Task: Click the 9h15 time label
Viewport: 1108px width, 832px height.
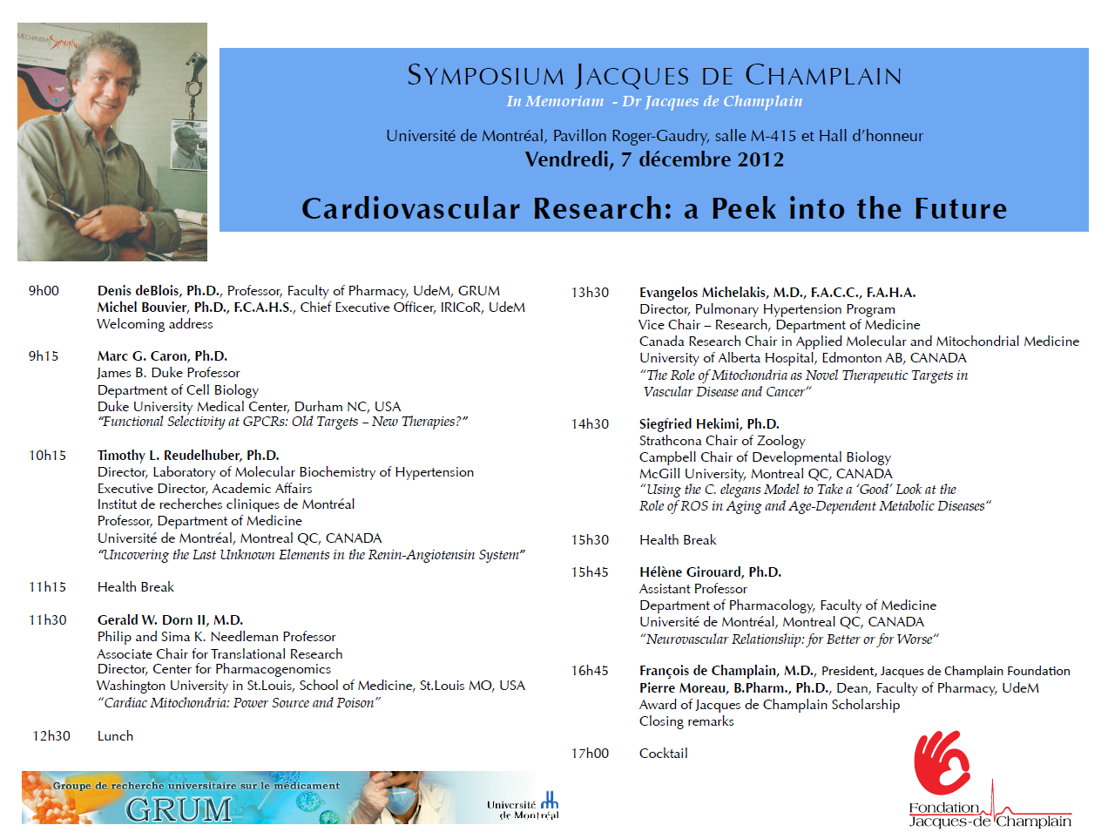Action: click(44, 356)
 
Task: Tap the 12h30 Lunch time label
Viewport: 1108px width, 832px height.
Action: click(51, 736)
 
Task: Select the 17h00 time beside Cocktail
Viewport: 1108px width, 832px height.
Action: click(590, 754)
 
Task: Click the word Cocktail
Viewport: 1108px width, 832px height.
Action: click(663, 754)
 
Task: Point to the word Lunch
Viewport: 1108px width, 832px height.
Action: click(115, 736)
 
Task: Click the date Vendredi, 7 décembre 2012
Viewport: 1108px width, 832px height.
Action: click(654, 159)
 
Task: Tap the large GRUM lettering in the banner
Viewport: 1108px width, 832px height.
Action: click(179, 809)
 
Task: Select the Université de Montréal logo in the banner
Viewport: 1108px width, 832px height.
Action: click(524, 806)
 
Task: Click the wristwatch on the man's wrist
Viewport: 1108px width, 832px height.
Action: click(143, 220)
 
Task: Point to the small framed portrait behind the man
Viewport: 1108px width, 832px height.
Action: click(189, 145)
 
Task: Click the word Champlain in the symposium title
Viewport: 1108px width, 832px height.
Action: click(823, 76)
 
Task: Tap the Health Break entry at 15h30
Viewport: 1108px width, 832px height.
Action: click(678, 540)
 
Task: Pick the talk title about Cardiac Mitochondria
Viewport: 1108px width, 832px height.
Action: click(239, 703)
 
